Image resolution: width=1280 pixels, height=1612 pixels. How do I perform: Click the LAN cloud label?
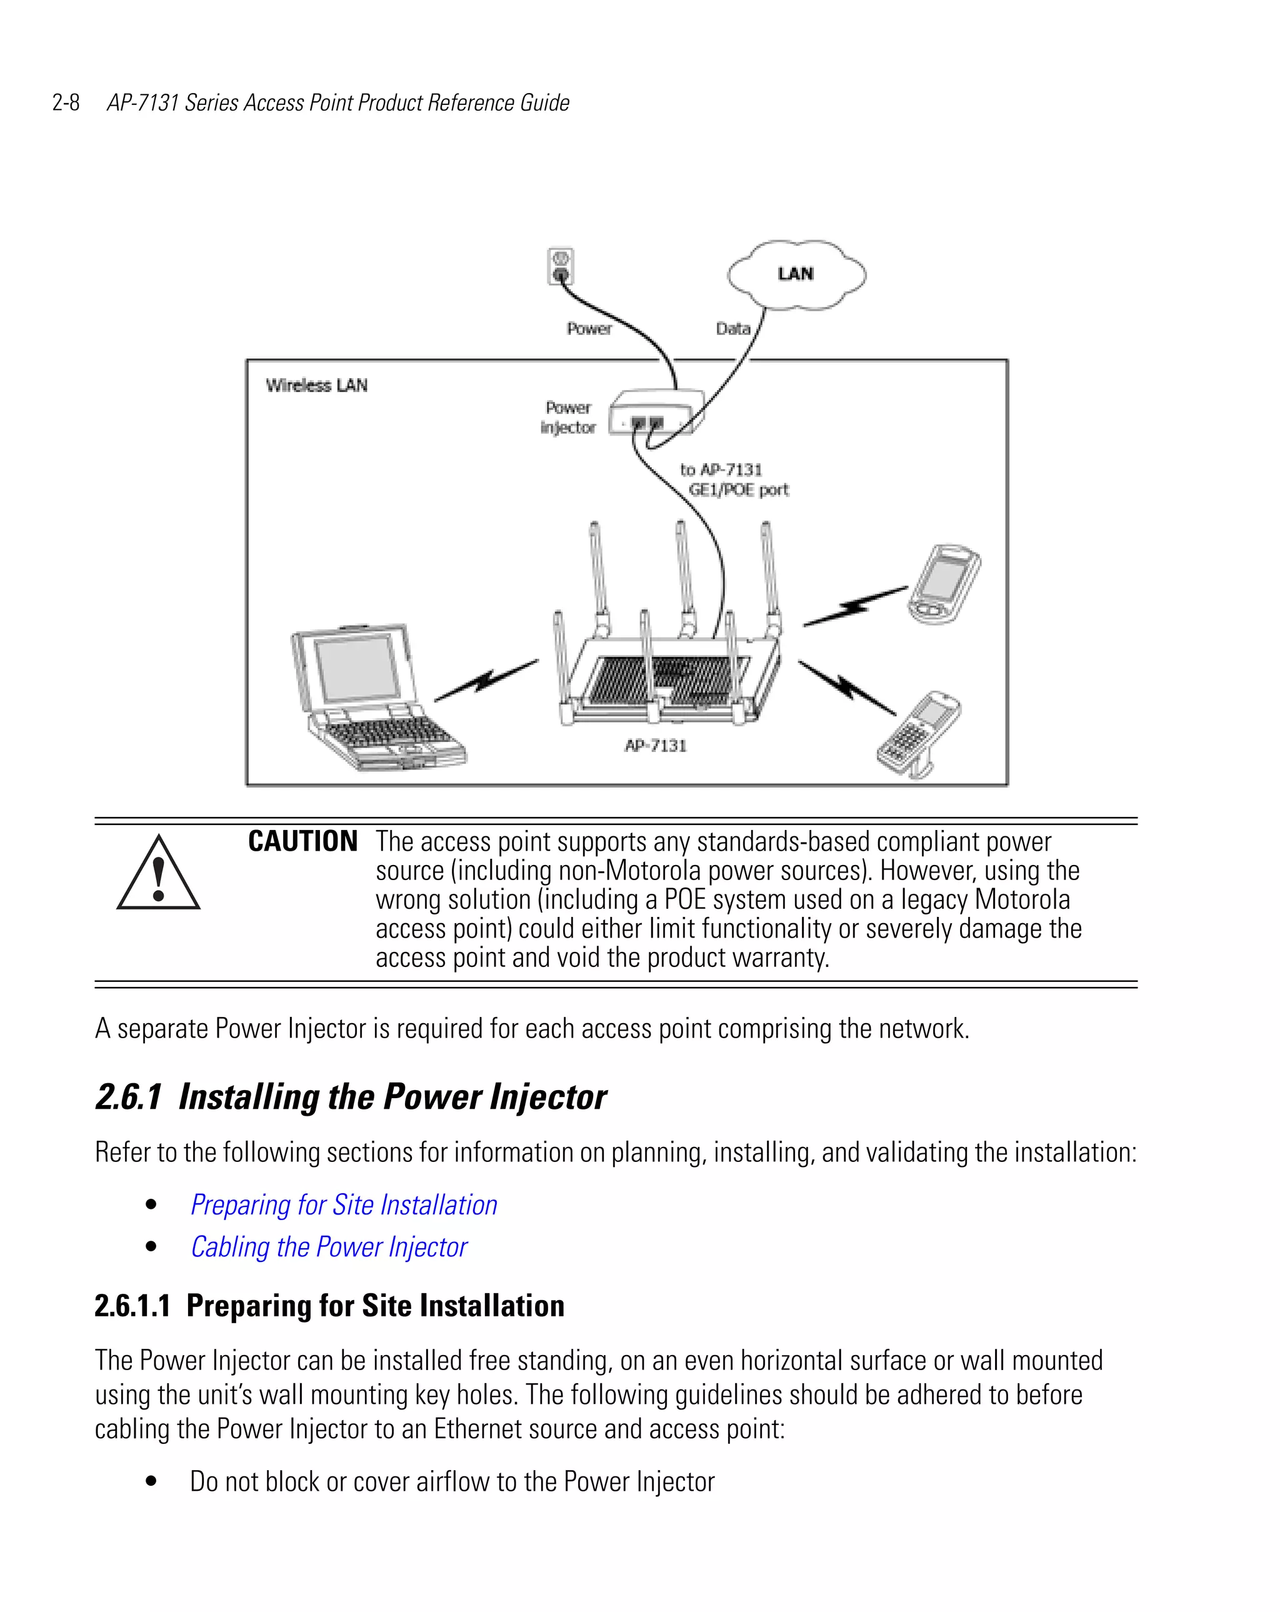(795, 274)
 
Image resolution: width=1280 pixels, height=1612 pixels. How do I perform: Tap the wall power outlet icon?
(560, 267)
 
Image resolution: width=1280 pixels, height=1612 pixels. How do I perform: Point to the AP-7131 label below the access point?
(655, 746)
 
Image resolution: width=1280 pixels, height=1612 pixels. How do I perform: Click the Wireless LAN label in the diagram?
(316, 385)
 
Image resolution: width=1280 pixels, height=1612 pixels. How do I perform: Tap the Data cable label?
(732, 328)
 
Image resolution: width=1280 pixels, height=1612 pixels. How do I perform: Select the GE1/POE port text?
(738, 490)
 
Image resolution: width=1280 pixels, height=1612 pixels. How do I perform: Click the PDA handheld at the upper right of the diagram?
(944, 584)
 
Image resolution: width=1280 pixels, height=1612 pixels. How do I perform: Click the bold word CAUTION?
(302, 842)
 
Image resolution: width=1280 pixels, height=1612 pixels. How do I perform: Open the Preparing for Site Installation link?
(344, 1204)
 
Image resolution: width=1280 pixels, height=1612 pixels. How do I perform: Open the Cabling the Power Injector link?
(329, 1246)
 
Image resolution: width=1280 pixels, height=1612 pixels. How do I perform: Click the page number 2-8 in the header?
(66, 103)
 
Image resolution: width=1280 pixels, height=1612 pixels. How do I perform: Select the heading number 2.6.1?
(129, 1097)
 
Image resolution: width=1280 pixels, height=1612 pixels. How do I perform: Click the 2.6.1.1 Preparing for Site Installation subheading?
(329, 1306)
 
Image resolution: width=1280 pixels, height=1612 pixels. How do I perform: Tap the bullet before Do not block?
(152, 1481)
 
